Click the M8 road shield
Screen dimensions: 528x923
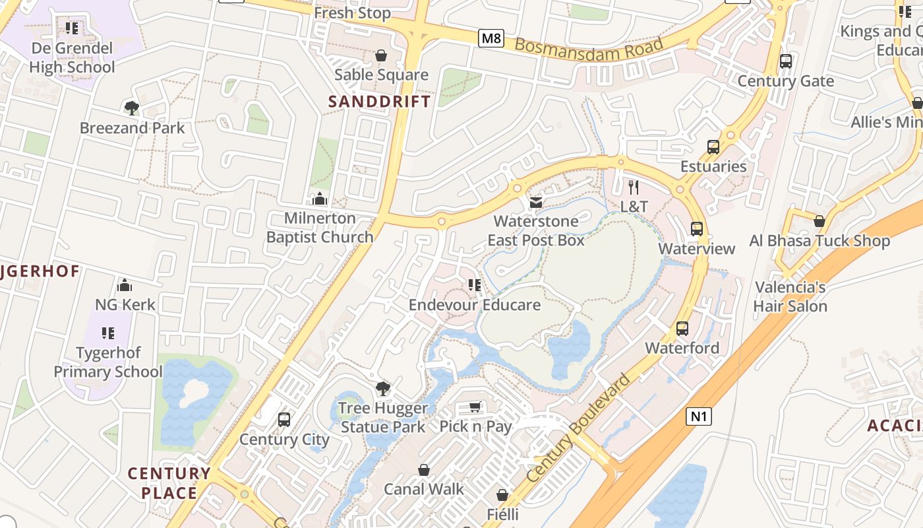(491, 38)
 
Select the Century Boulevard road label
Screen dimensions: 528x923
(578, 428)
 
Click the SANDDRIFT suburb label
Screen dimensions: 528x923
(379, 102)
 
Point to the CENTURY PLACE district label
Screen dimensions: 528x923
(169, 483)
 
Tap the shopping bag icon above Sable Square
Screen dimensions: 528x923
(381, 55)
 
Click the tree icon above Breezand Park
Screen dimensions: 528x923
(132, 108)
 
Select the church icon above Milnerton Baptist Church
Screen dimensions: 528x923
(320, 199)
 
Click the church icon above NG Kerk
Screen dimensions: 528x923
(125, 285)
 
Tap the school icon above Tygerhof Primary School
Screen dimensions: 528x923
(108, 333)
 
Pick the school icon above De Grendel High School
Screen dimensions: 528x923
(72, 28)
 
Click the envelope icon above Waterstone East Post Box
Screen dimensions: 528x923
(536, 202)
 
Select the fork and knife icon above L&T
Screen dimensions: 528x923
(634, 187)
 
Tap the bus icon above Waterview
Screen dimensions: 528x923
(697, 229)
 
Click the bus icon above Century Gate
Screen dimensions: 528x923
(785, 61)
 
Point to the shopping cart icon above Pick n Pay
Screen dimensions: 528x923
(475, 407)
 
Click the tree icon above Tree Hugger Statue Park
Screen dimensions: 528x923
(382, 389)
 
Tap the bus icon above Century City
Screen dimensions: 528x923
(284, 420)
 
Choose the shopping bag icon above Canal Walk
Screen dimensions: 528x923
(424, 470)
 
